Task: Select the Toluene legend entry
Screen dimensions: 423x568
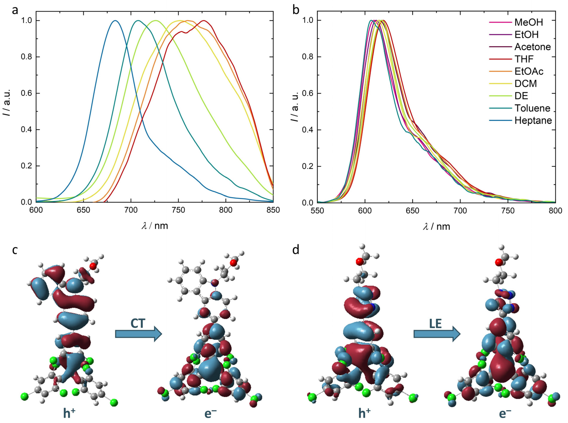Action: pyautogui.click(x=532, y=108)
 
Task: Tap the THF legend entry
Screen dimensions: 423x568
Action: pyautogui.click(x=524, y=59)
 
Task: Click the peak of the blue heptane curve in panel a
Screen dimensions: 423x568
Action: pyautogui.click(x=115, y=21)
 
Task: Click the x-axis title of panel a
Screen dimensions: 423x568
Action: pyautogui.click(x=155, y=226)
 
